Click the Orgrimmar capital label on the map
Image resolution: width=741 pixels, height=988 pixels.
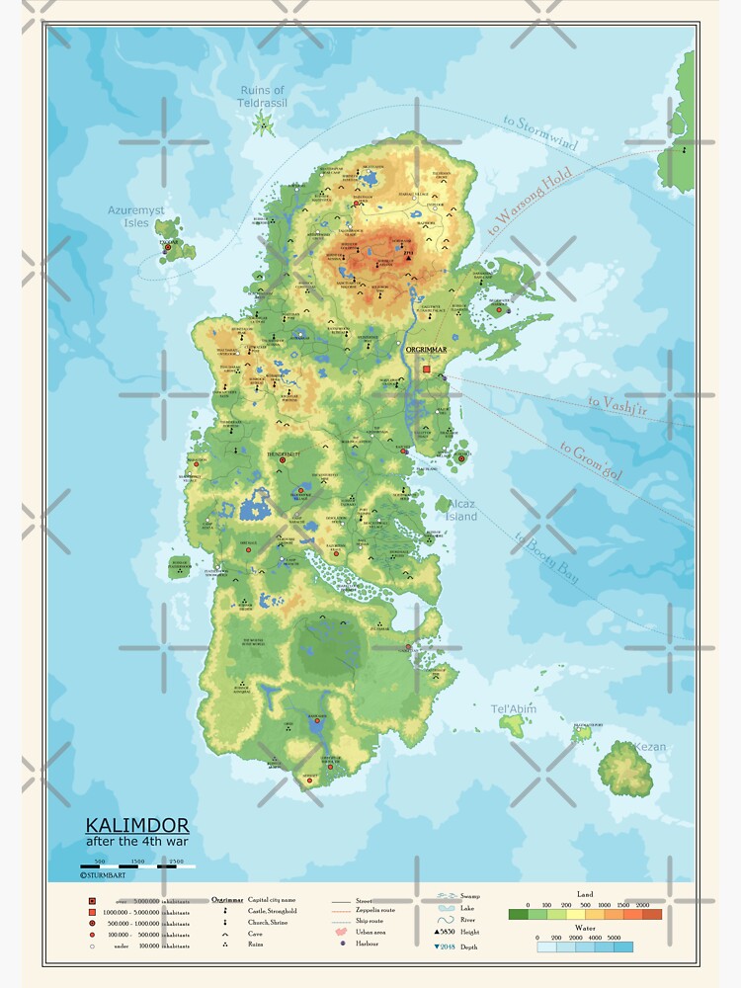[427, 349]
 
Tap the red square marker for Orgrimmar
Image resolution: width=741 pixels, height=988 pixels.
[427, 369]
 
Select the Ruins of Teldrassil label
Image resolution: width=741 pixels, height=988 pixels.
[262, 97]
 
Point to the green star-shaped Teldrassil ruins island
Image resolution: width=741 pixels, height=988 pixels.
[264, 123]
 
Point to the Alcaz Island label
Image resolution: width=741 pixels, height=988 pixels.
[460, 510]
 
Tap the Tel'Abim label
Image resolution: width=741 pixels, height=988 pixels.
[513, 708]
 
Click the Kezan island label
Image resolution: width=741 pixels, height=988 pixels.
[649, 747]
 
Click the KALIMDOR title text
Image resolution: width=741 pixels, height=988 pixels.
[123, 824]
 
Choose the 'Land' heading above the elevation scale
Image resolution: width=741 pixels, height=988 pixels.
[585, 894]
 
